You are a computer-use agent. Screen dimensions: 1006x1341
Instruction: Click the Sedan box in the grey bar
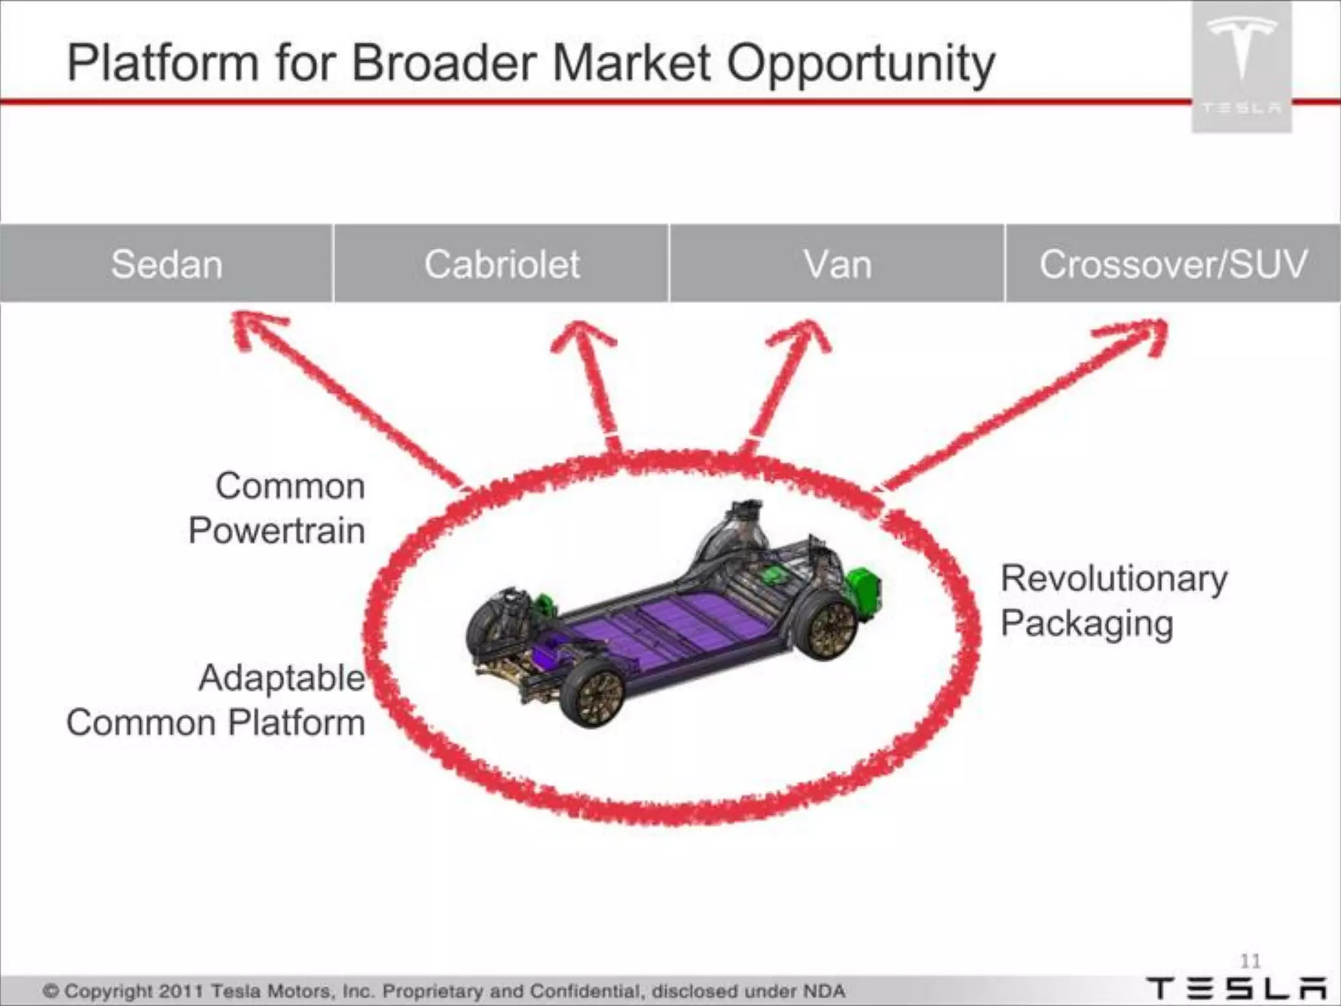tap(166, 264)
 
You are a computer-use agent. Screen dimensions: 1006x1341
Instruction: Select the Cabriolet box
tap(502, 264)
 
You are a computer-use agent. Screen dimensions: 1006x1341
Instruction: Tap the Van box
tap(837, 264)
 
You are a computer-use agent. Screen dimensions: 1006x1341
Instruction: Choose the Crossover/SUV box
tap(1173, 264)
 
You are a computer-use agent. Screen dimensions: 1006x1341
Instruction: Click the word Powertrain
tap(276, 531)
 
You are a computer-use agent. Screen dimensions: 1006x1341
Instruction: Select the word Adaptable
tap(282, 678)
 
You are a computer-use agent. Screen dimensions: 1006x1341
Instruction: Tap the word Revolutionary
tap(1114, 580)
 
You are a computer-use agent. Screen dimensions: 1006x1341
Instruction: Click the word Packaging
tap(1087, 624)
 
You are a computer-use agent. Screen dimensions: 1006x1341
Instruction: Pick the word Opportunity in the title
tap(860, 64)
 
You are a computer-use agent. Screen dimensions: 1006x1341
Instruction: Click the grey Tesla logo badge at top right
tap(1241, 65)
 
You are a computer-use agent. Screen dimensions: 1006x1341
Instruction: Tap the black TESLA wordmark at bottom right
tap(1237, 988)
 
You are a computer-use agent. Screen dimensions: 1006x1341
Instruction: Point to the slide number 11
tap(1250, 961)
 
